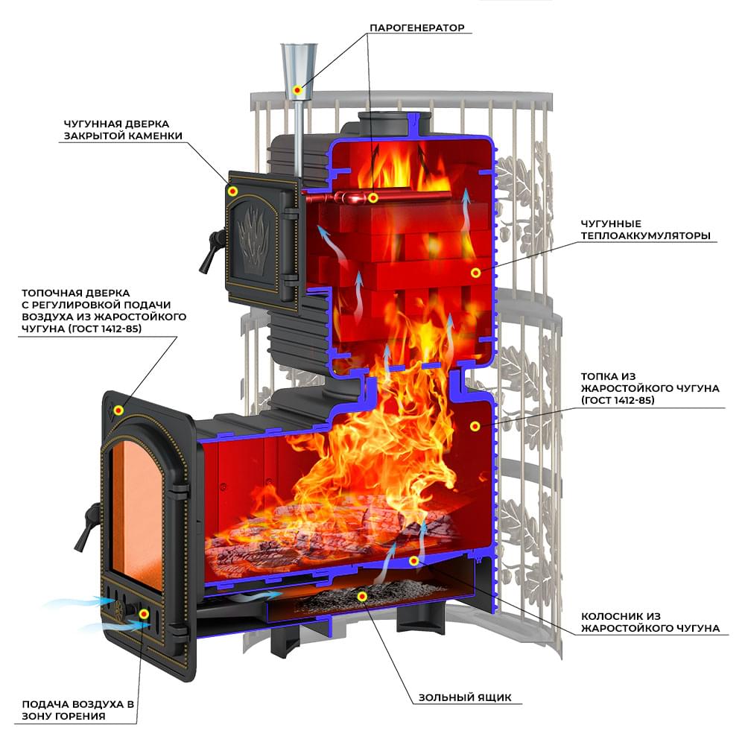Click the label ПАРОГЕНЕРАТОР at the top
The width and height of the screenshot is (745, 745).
416,28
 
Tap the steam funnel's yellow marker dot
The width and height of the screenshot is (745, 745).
297,90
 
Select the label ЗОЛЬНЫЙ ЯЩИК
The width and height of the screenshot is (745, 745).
465,697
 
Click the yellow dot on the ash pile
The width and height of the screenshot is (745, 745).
363,596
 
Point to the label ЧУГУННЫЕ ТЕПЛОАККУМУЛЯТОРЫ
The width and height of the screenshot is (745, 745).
646,229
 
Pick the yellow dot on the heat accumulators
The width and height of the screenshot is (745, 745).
475,272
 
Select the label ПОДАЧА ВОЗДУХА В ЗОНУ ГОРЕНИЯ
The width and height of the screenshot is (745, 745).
78,710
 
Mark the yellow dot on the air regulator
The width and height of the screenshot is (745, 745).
144,614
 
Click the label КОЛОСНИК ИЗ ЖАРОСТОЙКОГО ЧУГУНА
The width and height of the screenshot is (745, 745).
650,622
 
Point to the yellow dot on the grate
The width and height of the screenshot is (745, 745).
413,561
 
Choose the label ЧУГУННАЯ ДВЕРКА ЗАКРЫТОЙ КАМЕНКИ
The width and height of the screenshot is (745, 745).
123,130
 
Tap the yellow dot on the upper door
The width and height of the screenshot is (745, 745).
232,191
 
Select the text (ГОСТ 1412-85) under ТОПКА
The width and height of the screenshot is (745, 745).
618,400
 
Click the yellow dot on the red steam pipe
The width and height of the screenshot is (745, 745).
373,197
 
